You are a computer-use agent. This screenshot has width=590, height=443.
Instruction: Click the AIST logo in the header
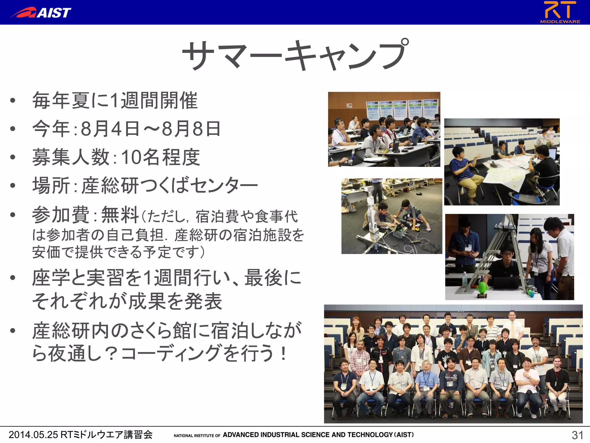(41, 13)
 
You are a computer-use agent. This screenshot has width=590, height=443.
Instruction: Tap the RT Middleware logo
(560, 12)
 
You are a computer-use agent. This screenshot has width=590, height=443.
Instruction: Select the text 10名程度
(160, 157)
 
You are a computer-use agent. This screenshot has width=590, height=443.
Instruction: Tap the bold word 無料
(120, 215)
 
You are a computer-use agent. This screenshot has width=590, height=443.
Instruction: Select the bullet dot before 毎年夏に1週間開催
(12, 101)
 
